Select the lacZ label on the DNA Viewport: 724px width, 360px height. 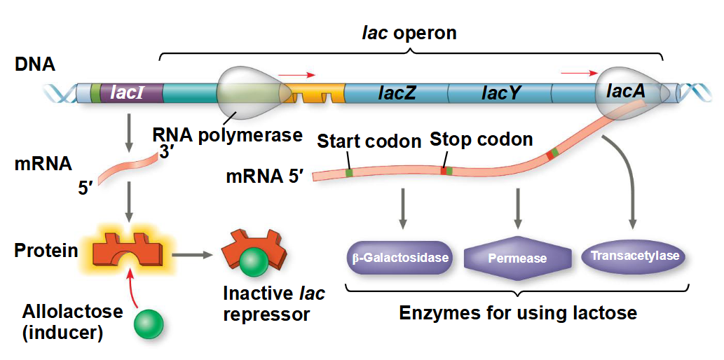(397, 92)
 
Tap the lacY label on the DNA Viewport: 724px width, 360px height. (501, 92)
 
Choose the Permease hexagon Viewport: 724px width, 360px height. (517, 258)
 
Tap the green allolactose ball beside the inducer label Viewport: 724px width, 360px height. (149, 323)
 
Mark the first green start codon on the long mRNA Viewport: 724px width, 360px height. (348, 172)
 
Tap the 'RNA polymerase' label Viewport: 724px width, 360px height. (228, 134)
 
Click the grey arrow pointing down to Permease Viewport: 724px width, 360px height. (518, 207)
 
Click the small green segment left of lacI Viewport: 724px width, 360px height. (95, 92)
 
